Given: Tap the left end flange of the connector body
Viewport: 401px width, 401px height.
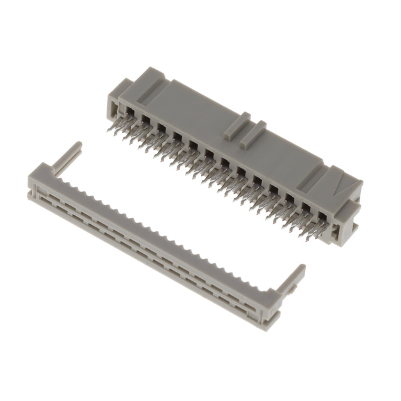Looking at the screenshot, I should pyautogui.click(x=112, y=100).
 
